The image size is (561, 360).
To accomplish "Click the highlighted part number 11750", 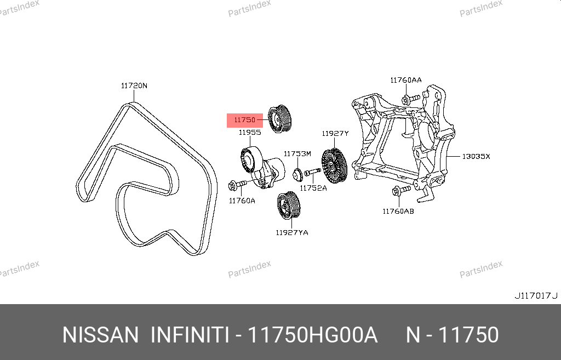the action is pos(245,120).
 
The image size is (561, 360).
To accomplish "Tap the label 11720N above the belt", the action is pos(134,85).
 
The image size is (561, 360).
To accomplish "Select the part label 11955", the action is pos(250,133).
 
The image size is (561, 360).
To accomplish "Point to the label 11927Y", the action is pos(335,134).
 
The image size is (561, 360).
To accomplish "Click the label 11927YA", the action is pos(292,233).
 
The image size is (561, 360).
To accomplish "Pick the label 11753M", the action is pos(297,154).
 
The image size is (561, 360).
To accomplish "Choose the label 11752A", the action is pos(313,188).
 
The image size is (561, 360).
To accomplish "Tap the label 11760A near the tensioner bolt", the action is pos(242,201).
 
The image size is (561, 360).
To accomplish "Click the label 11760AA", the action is pos(406,80).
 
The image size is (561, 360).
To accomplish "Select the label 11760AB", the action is pos(398,212).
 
